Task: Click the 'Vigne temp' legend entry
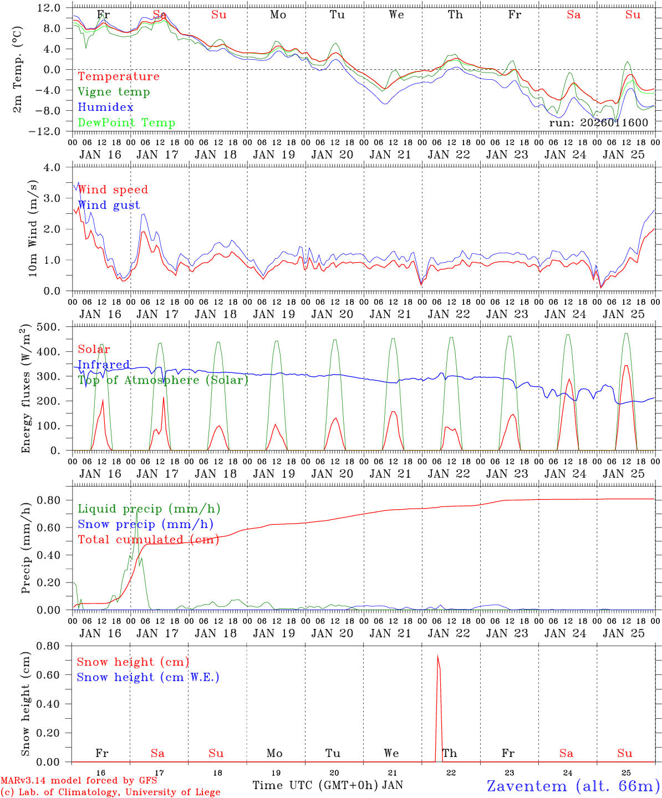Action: (114, 92)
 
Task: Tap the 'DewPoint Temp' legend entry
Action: (126, 123)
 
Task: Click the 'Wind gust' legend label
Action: (109, 205)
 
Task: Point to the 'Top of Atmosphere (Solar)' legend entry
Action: (163, 380)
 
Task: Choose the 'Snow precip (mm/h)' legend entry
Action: (145, 524)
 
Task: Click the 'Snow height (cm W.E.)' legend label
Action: (147, 677)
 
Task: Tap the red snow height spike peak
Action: (437, 657)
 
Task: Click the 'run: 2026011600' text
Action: (598, 122)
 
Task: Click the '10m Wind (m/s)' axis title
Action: (33, 228)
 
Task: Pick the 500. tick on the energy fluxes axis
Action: (55, 327)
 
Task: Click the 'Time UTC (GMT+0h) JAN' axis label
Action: (327, 785)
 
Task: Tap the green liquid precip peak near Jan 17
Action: (136, 512)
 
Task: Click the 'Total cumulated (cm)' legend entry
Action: (148, 540)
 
